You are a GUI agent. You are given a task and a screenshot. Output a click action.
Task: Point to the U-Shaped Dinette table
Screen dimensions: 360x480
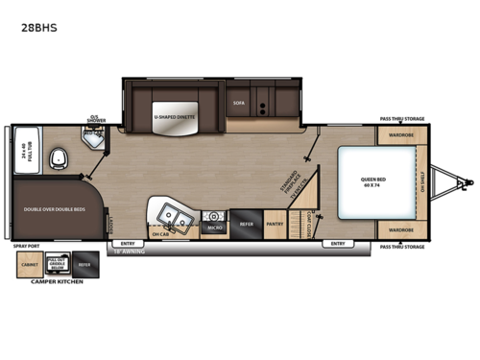(x=173, y=119)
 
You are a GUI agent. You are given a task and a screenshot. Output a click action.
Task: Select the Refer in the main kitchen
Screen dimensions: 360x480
(x=245, y=221)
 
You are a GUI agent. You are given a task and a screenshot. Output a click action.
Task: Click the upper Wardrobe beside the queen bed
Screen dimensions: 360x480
(x=400, y=136)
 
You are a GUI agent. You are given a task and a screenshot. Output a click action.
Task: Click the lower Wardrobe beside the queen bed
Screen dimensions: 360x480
(x=400, y=230)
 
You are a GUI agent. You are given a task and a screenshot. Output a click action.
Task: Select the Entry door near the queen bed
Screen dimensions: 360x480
(x=338, y=244)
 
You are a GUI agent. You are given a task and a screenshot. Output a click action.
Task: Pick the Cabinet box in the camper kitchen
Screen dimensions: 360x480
(x=31, y=266)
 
